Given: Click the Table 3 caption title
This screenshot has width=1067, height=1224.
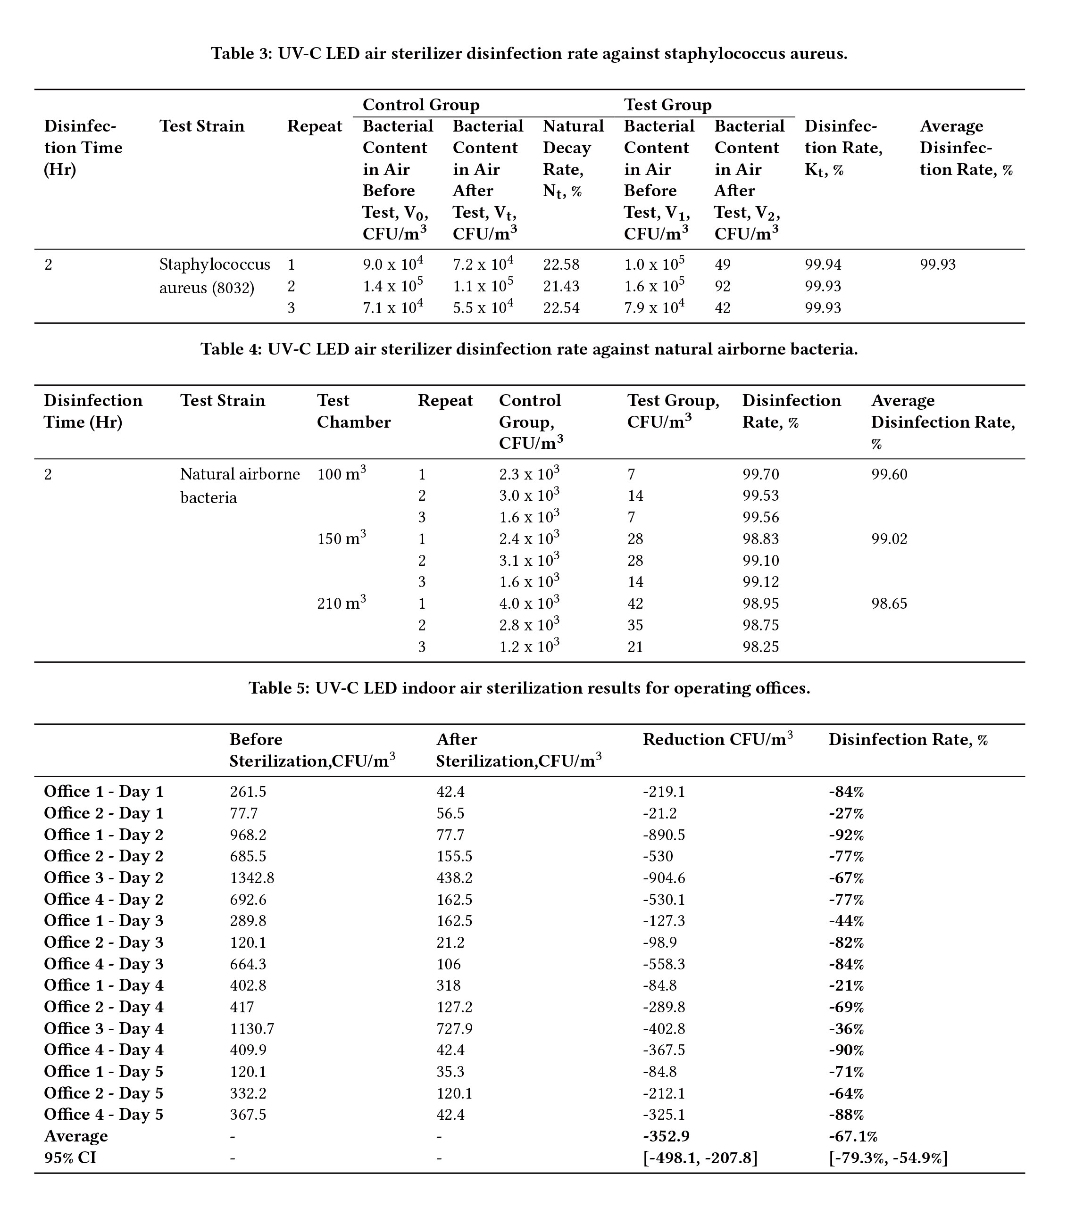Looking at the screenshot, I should (x=529, y=54).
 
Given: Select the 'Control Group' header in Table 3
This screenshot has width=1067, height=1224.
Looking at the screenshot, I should (x=420, y=105).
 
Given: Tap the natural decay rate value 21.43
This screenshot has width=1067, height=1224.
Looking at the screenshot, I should (x=561, y=286).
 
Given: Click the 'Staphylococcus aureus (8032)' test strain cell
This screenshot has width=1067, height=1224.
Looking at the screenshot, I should (x=214, y=275).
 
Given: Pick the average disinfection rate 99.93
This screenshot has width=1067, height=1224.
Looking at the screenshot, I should (x=937, y=264).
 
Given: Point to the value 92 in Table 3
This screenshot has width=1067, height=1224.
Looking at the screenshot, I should (x=722, y=286).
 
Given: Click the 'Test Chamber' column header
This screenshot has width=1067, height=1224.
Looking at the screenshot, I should (x=353, y=411).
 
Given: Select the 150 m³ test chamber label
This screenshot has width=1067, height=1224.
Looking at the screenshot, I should (x=341, y=538).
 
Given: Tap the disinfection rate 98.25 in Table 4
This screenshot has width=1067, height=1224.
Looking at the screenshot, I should (x=760, y=647).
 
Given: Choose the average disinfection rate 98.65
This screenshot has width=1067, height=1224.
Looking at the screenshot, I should (x=889, y=604).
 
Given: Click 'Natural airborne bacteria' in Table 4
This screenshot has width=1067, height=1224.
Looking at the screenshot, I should (x=239, y=486).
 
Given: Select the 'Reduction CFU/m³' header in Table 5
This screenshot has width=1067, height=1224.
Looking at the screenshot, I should (x=717, y=739).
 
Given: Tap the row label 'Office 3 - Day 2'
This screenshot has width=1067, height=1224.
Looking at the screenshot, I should (x=104, y=877).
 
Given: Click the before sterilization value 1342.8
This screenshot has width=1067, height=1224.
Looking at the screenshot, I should (x=252, y=877).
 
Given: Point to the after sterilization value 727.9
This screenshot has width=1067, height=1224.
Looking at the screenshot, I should (x=454, y=1028).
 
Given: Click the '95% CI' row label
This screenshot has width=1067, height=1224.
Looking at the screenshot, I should (x=70, y=1158).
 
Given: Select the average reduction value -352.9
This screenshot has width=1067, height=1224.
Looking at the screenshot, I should (x=666, y=1136).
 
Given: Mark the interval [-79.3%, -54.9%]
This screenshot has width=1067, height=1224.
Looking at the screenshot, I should (x=887, y=1158).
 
